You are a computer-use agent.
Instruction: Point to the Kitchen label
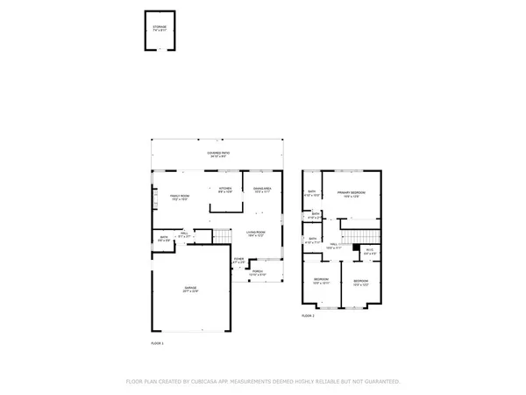(224, 190)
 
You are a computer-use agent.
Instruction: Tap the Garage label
(191, 290)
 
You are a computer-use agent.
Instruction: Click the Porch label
(259, 273)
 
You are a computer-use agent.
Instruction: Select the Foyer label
(238, 260)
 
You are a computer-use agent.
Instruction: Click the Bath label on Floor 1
(163, 238)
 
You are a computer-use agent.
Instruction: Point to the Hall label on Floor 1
(185, 234)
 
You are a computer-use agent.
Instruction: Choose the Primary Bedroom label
(353, 193)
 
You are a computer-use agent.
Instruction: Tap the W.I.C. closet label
(369, 252)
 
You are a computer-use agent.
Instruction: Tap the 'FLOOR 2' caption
(308, 315)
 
